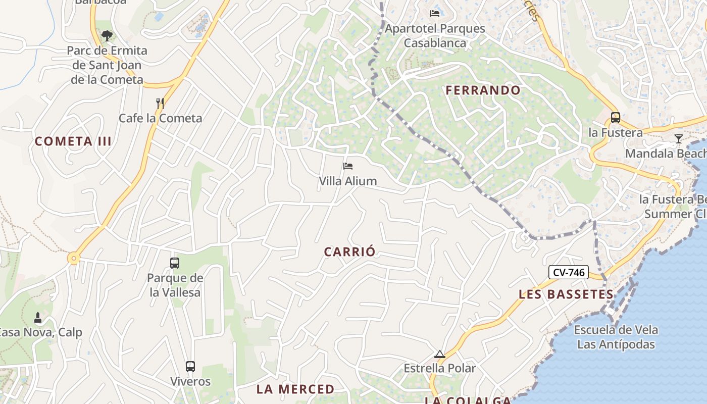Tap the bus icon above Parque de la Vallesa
coord(175,263)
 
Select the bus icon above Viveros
coord(190,367)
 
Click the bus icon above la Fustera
coord(616,118)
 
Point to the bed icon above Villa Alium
coord(348,166)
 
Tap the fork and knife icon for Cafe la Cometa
coord(160,104)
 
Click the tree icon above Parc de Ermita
coord(107,36)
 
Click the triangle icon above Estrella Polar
coord(440,354)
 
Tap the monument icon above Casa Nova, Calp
coord(37,318)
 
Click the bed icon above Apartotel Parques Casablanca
coord(435,13)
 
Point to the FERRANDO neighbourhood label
coord(483,90)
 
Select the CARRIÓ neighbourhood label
coord(350,252)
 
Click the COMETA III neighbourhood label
coord(73,141)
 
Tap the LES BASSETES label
coord(566,294)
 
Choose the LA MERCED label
coord(295,389)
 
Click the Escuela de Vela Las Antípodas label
coord(616,337)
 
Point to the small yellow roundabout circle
coord(74,259)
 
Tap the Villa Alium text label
coord(348,181)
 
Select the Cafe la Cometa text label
coord(160,118)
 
